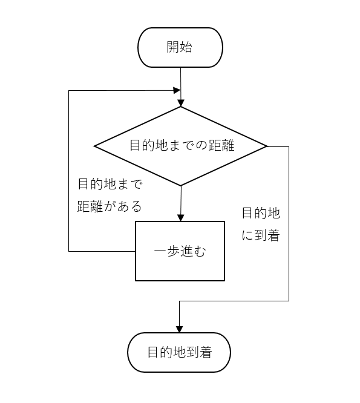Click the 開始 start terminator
pyautogui.click(x=180, y=47)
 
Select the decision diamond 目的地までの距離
pyautogui.click(x=180, y=146)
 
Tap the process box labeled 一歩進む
pyautogui.click(x=180, y=251)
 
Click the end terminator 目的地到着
pyautogui.click(x=180, y=352)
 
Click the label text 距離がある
pyautogui.click(x=110, y=206)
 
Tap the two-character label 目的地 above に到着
pyautogui.click(x=261, y=213)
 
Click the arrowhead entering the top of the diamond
pyautogui.click(x=181, y=103)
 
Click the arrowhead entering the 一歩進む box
pyautogui.click(x=181, y=218)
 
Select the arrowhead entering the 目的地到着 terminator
pyautogui.click(x=180, y=329)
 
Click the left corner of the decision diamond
pyautogui.click(x=95, y=146)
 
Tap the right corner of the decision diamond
pyautogui.click(x=266, y=146)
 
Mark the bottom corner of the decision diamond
pyautogui.click(x=181, y=185)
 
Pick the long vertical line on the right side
pyautogui.click(x=289, y=224)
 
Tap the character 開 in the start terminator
pyautogui.click(x=173, y=47)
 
